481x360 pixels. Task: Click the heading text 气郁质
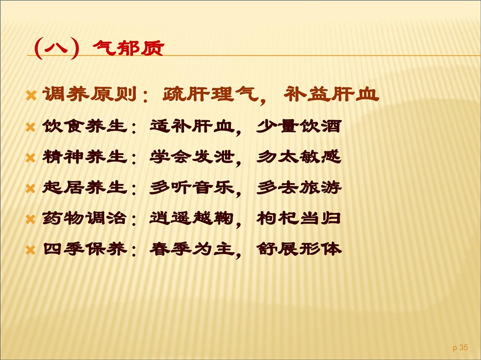[128, 48]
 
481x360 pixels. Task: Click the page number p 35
[460, 348]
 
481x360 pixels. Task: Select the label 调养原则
[89, 94]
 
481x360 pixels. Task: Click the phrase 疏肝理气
[211, 94]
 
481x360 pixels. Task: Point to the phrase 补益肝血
[331, 94]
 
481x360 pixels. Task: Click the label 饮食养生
[85, 126]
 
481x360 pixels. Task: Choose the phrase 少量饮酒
[299, 126]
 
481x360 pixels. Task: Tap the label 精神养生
[85, 157]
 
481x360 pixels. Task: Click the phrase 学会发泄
[192, 157]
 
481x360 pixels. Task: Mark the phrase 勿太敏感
[299, 157]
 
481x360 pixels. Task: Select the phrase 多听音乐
[192, 187]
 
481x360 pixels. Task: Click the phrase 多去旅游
[299, 187]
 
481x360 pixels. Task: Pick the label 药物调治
[85, 218]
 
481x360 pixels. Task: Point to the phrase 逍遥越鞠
[192, 218]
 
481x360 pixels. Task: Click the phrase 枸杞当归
[299, 218]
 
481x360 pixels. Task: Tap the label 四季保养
[85, 248]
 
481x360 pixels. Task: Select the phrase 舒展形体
[299, 248]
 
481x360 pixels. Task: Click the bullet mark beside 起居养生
[31, 188]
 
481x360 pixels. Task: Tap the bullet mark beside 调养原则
[31, 95]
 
